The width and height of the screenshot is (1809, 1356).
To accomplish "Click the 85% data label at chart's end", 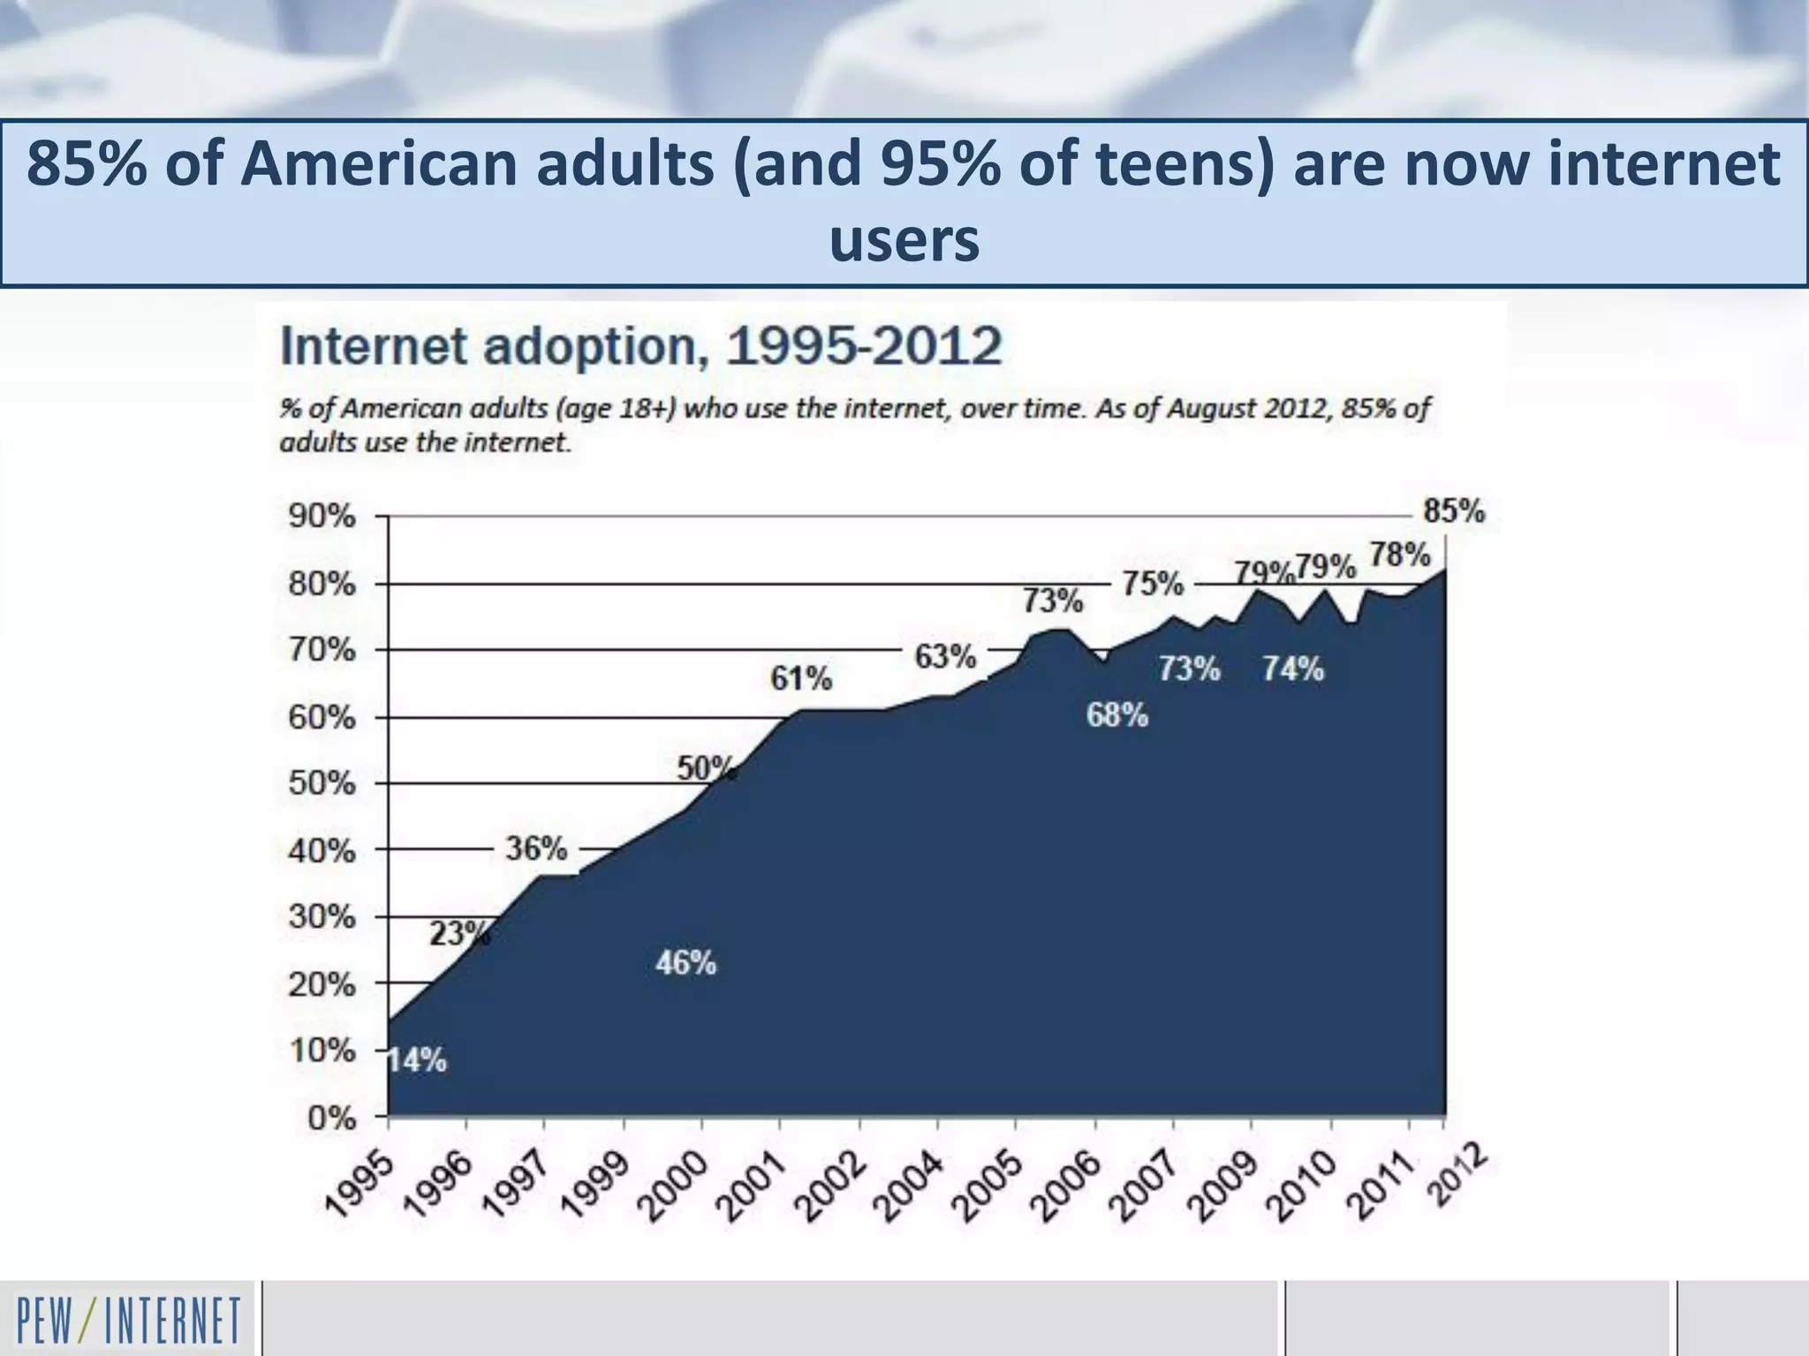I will click(x=1453, y=511).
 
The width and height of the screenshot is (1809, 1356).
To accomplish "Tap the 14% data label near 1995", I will click(x=417, y=1060).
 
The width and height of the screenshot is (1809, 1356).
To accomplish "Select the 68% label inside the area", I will click(x=1116, y=715).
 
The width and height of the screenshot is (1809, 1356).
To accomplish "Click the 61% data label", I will click(x=800, y=679).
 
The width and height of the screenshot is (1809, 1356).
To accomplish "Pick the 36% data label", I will click(x=535, y=848).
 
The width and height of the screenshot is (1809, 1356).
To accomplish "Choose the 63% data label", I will click(x=944, y=657).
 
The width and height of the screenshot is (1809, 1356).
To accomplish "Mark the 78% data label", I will click(x=1399, y=555).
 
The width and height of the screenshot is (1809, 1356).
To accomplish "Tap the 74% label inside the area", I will click(x=1292, y=669).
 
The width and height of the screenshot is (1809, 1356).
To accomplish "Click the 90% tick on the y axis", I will click(x=322, y=516).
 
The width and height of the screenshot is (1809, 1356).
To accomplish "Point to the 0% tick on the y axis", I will click(x=331, y=1119).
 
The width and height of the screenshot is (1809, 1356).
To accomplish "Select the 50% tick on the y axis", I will click(x=322, y=784).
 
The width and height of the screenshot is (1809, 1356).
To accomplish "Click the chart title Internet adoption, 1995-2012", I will click(x=640, y=346).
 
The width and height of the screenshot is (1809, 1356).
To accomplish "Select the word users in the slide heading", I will click(x=904, y=240).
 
